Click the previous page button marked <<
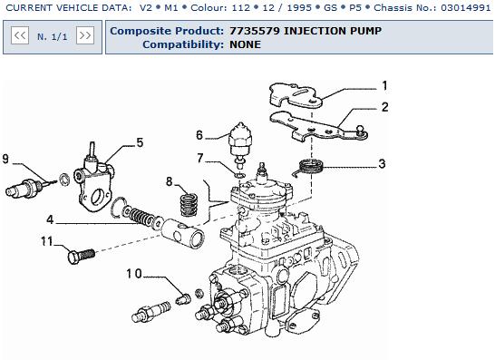(x=20, y=35)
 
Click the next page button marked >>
(x=85, y=35)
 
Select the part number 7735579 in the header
(x=255, y=31)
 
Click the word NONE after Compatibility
(x=246, y=44)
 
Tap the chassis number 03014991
(x=465, y=7)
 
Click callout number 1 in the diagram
(x=384, y=85)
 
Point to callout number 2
(x=384, y=107)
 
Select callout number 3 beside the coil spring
(x=382, y=163)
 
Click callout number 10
(x=134, y=274)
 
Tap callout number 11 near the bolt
(x=47, y=241)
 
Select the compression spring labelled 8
(x=189, y=205)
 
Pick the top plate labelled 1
(x=296, y=94)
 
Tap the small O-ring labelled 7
(x=240, y=175)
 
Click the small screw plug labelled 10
(x=183, y=298)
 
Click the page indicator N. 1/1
(x=53, y=37)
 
